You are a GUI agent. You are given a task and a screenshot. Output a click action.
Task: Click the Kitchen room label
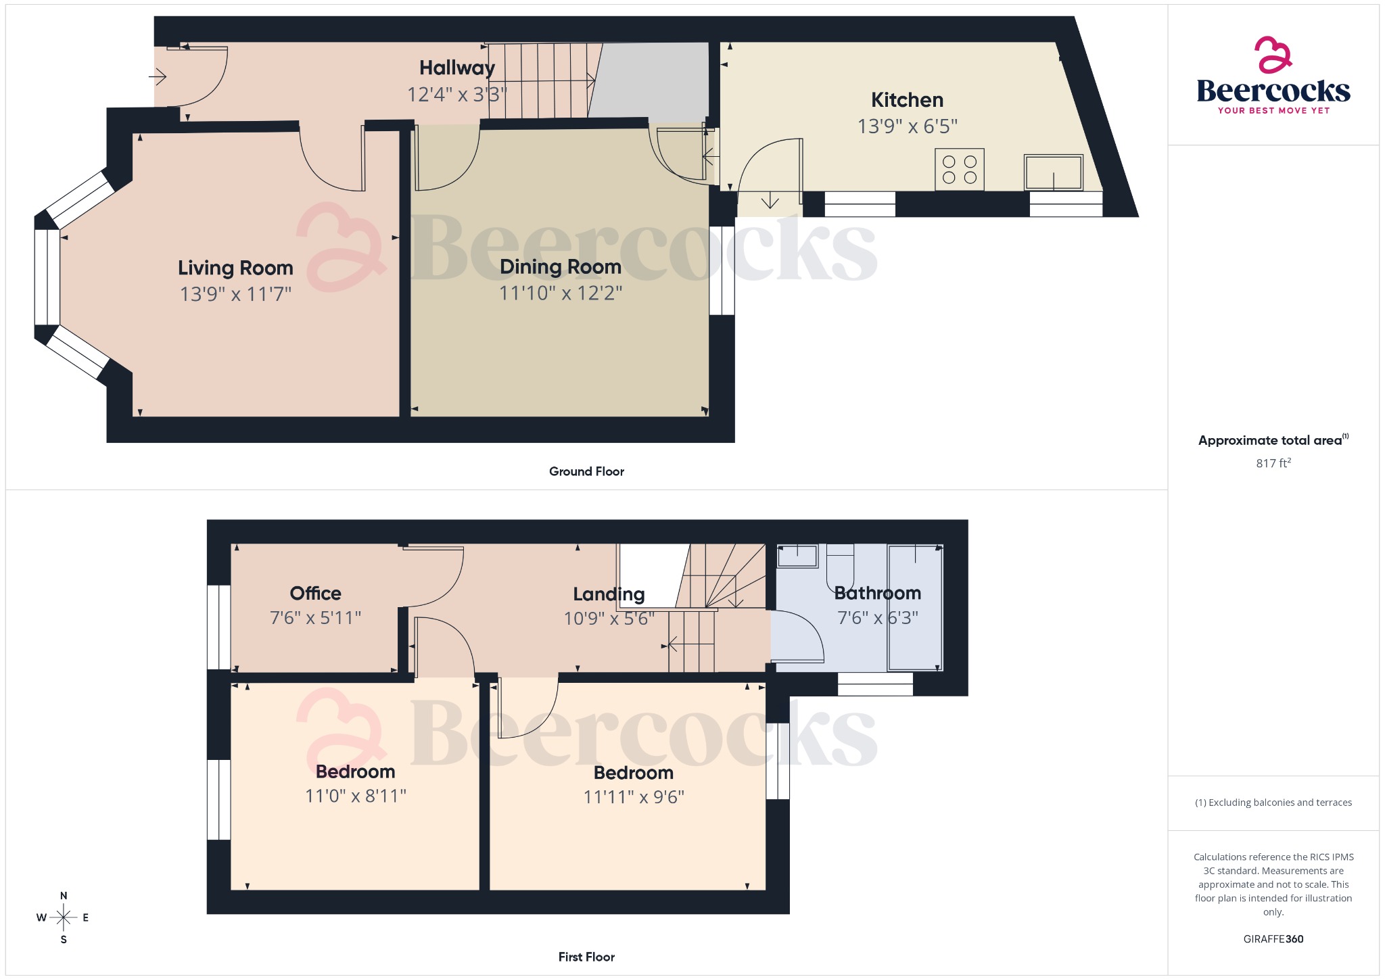tap(907, 100)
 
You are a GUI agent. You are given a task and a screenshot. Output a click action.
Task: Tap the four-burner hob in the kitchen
tap(959, 169)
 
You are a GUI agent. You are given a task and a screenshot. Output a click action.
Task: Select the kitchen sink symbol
tap(1053, 172)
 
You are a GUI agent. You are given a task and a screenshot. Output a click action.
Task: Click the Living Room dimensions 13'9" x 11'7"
tap(235, 294)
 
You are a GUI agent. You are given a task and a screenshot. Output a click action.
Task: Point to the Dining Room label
tap(560, 267)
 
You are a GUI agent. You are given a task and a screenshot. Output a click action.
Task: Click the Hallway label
tap(457, 68)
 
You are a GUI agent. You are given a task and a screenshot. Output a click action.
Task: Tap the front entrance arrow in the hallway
tap(158, 76)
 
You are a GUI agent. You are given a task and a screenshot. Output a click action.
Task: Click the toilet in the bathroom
tap(840, 568)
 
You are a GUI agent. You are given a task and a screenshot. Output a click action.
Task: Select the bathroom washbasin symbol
tap(797, 556)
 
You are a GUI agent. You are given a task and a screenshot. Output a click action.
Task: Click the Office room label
tap(315, 593)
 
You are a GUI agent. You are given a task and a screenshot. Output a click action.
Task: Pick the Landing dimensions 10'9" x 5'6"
tap(609, 618)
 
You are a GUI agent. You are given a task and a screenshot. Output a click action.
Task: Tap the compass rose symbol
tap(64, 917)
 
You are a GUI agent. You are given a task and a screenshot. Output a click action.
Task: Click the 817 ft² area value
tap(1273, 463)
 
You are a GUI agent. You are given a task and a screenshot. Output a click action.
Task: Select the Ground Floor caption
tap(586, 471)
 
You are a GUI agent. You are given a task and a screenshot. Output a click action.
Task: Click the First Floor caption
tap(586, 957)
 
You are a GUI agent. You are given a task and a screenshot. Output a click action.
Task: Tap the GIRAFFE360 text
tap(1273, 938)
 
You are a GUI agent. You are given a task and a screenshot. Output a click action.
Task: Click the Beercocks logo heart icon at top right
tap(1273, 55)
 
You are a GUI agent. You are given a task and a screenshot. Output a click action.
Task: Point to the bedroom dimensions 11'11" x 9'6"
tap(634, 797)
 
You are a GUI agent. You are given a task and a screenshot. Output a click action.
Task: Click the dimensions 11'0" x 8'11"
tap(355, 796)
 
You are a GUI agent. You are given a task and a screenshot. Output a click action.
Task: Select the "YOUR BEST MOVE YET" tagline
tap(1273, 110)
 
